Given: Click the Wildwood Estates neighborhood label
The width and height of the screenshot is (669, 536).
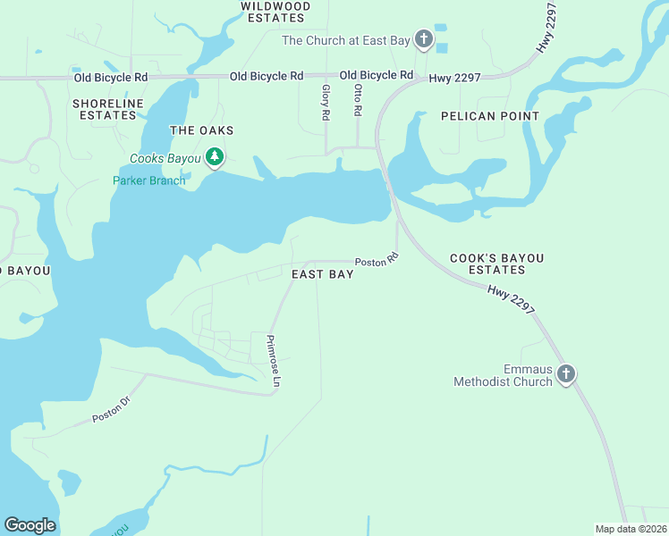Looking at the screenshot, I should click(x=275, y=12).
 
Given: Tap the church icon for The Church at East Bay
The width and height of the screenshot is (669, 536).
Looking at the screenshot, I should click(x=423, y=39).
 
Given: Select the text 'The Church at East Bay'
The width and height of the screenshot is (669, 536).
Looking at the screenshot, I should click(x=344, y=40).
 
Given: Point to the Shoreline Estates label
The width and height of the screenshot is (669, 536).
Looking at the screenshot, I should click(x=108, y=109).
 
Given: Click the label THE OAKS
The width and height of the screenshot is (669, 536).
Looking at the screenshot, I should click(x=195, y=130).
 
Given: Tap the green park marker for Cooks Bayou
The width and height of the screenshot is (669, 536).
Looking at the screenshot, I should click(x=214, y=158).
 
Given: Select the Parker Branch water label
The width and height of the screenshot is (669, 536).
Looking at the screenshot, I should click(x=148, y=180).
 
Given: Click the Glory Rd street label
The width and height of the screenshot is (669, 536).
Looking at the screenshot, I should click(x=326, y=103).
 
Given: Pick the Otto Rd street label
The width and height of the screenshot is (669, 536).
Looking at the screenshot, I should click(x=357, y=100).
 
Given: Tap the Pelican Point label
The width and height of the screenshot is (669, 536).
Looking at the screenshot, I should click(x=490, y=116).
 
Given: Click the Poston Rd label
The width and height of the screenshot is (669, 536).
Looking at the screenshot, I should click(x=376, y=262).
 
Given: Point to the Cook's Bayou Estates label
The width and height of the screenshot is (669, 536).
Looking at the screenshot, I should click(x=496, y=264).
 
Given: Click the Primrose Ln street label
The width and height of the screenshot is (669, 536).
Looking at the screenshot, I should click(x=273, y=362).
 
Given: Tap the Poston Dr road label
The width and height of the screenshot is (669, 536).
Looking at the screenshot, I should click(x=111, y=411).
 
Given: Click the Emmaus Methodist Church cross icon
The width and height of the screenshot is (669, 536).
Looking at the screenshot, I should click(x=565, y=373).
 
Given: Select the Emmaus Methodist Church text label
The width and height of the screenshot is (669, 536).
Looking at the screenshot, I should click(x=502, y=376).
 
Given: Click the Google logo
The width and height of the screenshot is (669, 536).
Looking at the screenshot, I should click(x=30, y=525).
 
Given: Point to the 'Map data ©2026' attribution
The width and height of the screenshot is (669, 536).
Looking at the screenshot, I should click(x=631, y=529).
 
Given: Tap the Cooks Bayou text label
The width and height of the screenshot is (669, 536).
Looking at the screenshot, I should click(x=165, y=159).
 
